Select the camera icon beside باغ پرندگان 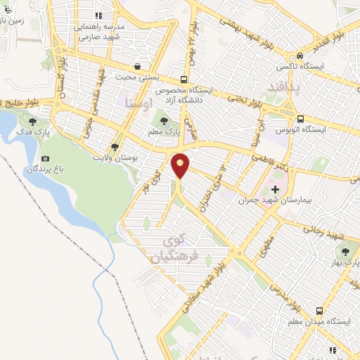pos(46,157)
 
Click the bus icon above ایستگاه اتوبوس pos(300,119)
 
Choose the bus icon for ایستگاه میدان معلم pos(320,310)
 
